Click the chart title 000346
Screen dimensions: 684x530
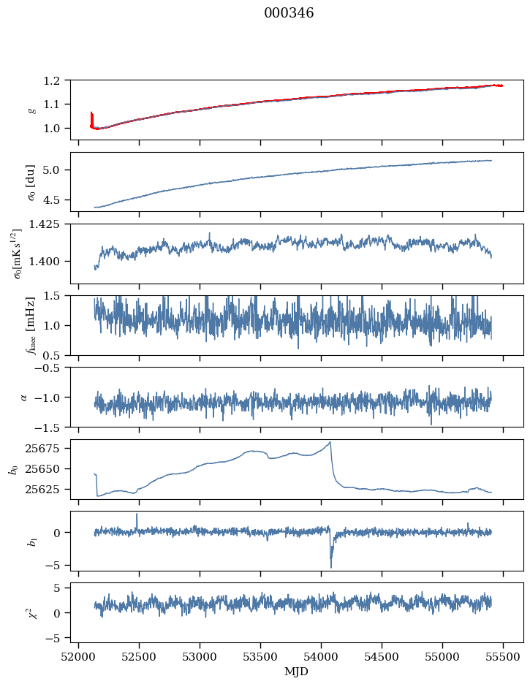pyautogui.click(x=289, y=13)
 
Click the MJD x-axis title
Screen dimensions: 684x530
pyautogui.click(x=297, y=671)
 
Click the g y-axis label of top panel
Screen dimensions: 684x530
pyautogui.click(x=31, y=110)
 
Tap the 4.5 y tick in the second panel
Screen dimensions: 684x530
pyautogui.click(x=56, y=199)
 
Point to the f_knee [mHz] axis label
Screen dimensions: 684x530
pyautogui.click(x=31, y=325)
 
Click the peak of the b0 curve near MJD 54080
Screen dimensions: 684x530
pyautogui.click(x=330, y=442)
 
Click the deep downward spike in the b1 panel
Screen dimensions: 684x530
pyautogui.click(x=330, y=566)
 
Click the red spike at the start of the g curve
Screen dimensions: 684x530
pyautogui.click(x=91, y=117)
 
